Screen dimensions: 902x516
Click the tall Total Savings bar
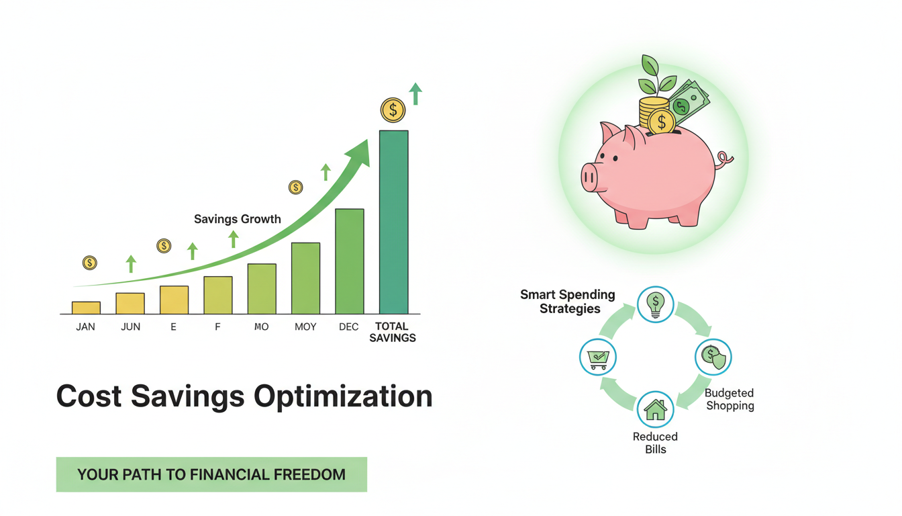[393, 222]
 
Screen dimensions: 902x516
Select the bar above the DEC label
[350, 261]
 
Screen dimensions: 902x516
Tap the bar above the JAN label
[86, 308]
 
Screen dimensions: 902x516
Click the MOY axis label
[305, 327]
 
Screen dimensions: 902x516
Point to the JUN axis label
[130, 327]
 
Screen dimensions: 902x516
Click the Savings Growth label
[237, 219]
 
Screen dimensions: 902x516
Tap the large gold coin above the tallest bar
[393, 110]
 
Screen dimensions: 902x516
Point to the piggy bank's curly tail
[724, 161]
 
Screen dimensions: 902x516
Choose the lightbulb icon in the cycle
[655, 305]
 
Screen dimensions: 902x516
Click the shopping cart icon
[597, 357]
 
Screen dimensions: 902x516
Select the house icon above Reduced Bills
[655, 410]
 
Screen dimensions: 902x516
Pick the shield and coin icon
[713, 357]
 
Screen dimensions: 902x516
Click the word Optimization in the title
[343, 396]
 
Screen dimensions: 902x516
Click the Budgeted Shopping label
[730, 399]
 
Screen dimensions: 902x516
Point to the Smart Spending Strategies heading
[568, 302]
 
